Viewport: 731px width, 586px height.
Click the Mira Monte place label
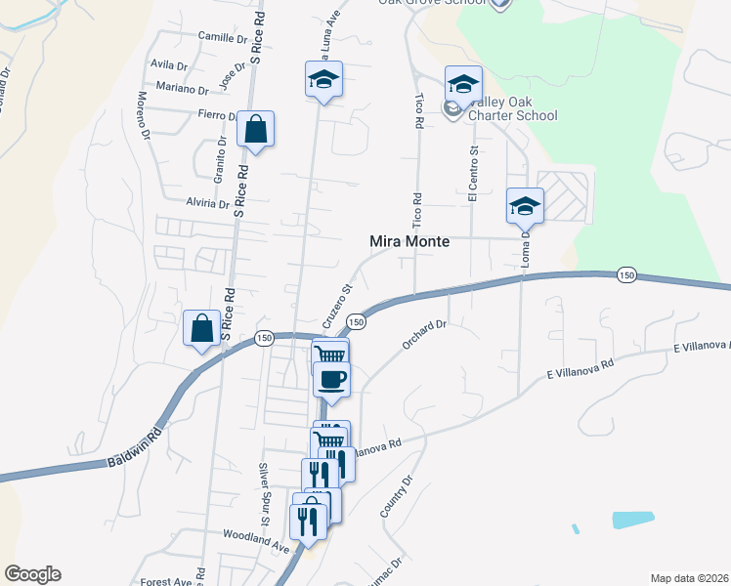[x=409, y=241]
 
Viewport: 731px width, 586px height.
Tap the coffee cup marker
[x=331, y=378]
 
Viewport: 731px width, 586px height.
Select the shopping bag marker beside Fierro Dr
[x=255, y=129]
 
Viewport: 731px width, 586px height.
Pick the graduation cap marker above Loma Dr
[x=525, y=206]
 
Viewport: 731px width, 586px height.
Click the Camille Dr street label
[x=223, y=38]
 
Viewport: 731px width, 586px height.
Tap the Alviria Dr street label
[x=206, y=204]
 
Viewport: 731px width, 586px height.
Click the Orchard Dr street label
[x=423, y=334]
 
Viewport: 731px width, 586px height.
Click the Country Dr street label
[x=397, y=496]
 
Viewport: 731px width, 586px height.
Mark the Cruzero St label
[x=336, y=306]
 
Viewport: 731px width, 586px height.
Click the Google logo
[x=32, y=574]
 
